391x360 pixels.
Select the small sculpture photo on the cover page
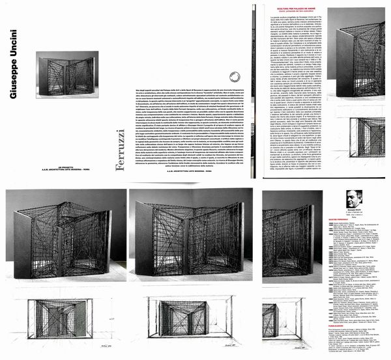[x=67, y=73]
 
